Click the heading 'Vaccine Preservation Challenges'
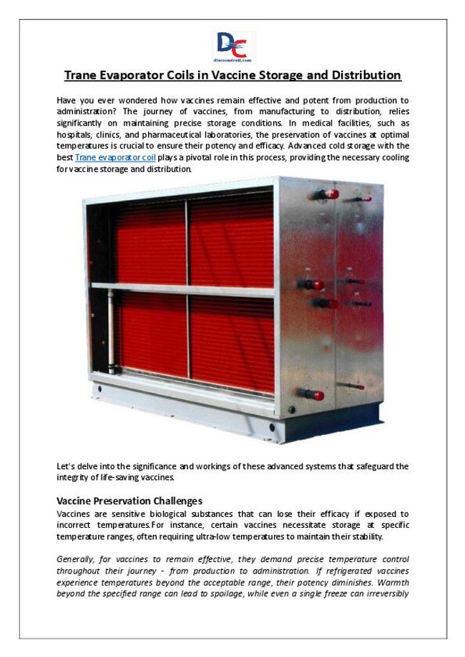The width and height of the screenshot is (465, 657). (129, 501)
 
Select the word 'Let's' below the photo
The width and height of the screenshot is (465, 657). (67, 466)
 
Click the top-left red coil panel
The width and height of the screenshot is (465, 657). (150, 242)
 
